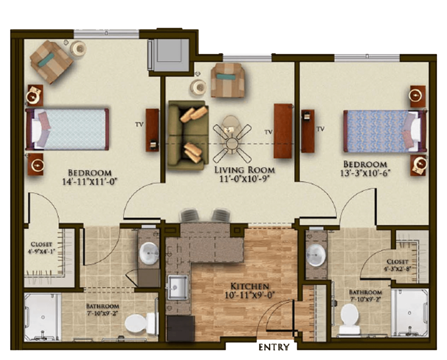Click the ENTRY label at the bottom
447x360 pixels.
tap(274, 347)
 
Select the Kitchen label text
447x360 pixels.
tap(250, 286)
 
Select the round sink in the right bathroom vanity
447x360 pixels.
tap(316, 255)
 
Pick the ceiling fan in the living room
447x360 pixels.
tap(232, 140)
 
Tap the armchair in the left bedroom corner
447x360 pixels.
tap(51, 62)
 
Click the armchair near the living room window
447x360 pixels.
tap(227, 80)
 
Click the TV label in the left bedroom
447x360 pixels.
tap(139, 124)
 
